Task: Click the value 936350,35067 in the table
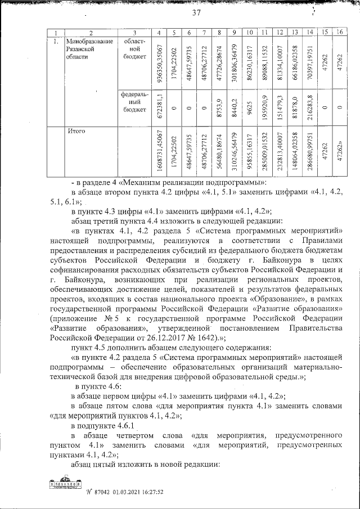(x=161, y=62)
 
